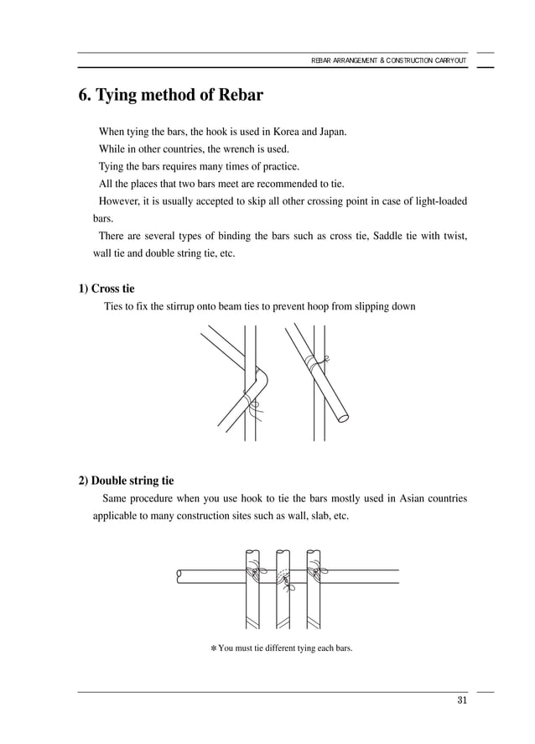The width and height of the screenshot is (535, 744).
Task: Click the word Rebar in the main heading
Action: pos(236,96)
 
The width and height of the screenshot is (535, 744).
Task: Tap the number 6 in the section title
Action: pos(84,96)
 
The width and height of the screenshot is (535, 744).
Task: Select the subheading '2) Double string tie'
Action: pos(127,481)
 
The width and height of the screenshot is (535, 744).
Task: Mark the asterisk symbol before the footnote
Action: pos(213,648)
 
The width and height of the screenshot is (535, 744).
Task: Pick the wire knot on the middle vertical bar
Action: pos(283,580)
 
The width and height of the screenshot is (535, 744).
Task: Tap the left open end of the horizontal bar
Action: pos(179,575)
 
